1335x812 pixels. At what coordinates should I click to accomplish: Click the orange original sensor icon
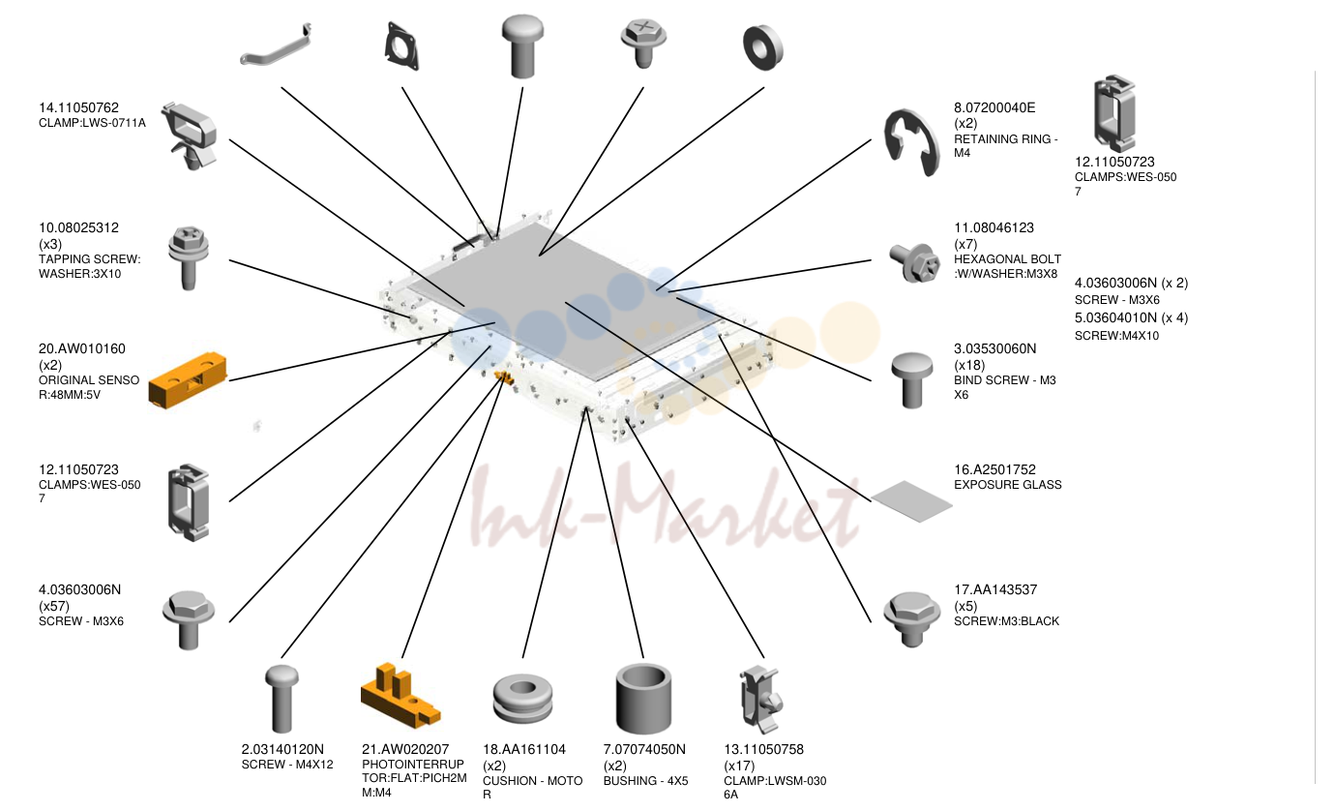(188, 380)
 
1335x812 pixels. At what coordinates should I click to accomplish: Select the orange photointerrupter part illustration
(400, 696)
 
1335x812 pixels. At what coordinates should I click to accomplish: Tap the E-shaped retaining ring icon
(911, 143)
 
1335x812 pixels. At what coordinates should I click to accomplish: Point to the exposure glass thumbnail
(911, 501)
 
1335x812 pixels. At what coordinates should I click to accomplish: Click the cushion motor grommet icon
(522, 698)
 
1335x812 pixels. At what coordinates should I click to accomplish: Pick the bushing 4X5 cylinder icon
(643, 698)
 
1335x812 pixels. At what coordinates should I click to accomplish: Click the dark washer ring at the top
(763, 47)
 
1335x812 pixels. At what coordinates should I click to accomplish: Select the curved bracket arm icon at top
(276, 46)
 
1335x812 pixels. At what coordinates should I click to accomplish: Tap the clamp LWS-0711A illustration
(189, 135)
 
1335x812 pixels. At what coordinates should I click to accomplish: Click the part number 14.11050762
(78, 107)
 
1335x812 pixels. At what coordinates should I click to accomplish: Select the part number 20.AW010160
(82, 348)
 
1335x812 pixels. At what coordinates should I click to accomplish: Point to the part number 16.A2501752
(994, 469)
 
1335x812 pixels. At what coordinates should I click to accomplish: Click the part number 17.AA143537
(995, 589)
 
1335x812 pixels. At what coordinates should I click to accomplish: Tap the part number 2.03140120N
(282, 749)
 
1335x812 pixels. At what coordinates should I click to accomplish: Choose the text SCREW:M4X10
(1116, 336)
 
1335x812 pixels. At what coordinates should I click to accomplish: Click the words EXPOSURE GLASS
(1008, 485)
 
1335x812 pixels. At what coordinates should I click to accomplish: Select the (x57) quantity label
(54, 606)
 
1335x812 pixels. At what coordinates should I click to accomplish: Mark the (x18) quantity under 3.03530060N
(969, 366)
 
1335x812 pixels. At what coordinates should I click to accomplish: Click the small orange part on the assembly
(504, 376)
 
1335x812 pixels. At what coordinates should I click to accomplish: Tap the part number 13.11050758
(763, 749)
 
